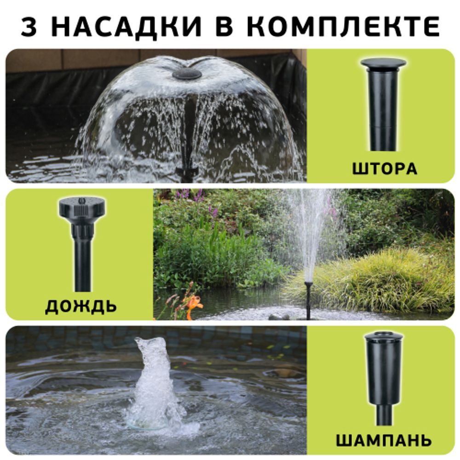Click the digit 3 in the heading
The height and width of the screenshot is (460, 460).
pos(29,27)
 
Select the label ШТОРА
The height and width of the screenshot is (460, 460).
pos(385,168)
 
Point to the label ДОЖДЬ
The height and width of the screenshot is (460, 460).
pos(80,306)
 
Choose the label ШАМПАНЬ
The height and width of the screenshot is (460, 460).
pos(384,440)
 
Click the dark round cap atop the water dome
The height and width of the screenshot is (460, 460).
pos(187,74)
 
